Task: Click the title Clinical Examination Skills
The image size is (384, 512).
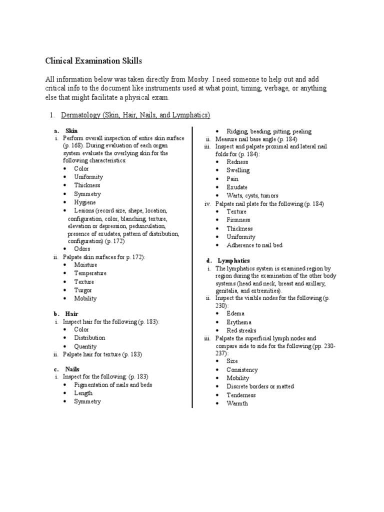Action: point(93,61)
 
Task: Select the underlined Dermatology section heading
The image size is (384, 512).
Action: point(135,115)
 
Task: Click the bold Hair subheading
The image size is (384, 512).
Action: point(71,313)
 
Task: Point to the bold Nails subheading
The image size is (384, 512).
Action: point(72,368)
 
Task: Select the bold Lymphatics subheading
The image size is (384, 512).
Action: point(233,261)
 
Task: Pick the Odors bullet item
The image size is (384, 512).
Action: point(82,248)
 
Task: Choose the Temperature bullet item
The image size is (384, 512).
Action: point(90,273)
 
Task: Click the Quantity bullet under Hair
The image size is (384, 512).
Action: point(85,346)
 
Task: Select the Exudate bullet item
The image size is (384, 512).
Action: point(237,187)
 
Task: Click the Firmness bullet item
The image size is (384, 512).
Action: point(238,220)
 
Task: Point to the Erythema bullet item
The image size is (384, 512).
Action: point(239,322)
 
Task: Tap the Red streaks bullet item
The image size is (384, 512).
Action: point(241,330)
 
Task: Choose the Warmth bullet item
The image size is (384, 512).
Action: point(237,403)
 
